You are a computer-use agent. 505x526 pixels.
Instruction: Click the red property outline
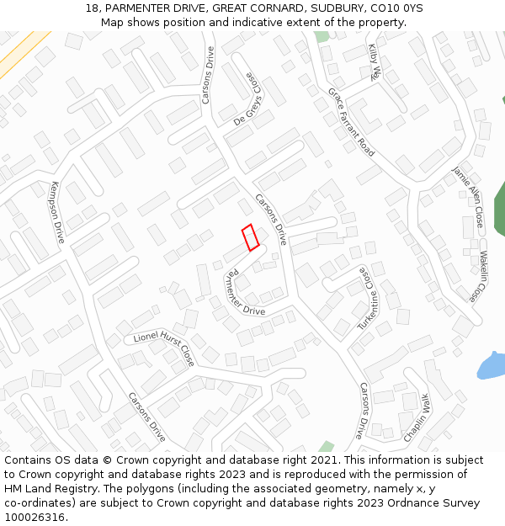tap(250, 237)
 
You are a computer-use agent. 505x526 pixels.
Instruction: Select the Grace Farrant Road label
tap(351, 122)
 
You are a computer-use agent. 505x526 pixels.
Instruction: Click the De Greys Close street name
tap(255, 98)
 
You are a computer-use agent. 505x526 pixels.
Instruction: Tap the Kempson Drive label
tap(57, 213)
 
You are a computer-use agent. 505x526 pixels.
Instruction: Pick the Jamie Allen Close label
tap(468, 197)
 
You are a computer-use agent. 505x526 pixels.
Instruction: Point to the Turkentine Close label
tap(365, 299)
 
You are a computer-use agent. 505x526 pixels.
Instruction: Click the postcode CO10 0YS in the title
tap(396, 8)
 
